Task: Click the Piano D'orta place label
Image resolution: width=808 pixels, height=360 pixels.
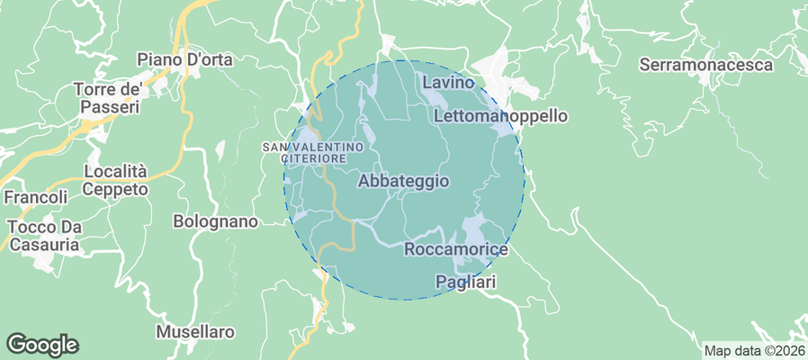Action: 184,60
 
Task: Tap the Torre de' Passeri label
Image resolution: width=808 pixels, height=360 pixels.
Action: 108,98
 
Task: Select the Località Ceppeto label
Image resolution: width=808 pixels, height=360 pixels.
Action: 114,180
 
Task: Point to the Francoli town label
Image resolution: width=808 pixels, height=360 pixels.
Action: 36,197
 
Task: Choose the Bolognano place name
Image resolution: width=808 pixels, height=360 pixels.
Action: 215,221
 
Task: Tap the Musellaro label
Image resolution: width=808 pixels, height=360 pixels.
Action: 195,331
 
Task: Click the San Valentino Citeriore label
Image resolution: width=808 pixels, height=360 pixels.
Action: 313,152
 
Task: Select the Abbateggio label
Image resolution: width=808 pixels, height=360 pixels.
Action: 403,181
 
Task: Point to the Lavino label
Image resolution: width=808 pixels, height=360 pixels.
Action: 447,83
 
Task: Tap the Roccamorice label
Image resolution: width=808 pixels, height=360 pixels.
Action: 457,248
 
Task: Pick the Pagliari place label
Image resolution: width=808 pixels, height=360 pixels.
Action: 466,282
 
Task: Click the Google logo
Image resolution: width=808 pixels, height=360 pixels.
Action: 42,344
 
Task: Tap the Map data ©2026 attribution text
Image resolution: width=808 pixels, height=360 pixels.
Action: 753,351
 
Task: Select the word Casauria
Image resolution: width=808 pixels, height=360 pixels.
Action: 43,244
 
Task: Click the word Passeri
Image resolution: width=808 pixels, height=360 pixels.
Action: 108,107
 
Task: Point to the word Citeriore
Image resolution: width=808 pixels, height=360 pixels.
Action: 314,158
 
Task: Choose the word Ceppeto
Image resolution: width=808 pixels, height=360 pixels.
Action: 114,189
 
